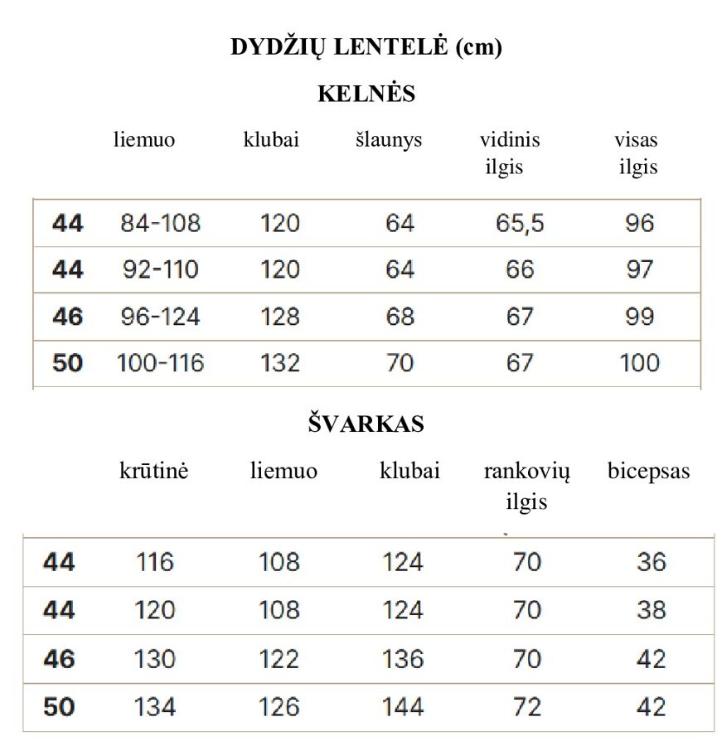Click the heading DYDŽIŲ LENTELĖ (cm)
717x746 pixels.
tap(366, 48)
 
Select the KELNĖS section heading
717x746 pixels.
tap(366, 94)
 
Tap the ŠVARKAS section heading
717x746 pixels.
tap(366, 424)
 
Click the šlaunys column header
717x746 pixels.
tap(389, 140)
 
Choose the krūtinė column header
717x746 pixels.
tap(153, 472)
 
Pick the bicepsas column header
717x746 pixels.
tap(648, 472)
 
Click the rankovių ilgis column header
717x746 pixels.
tap(526, 487)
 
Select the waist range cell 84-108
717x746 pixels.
tap(160, 223)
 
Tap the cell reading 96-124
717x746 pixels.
tap(160, 317)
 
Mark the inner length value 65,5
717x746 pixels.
tap(520, 223)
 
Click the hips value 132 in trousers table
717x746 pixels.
tap(280, 363)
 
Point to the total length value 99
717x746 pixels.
tap(639, 317)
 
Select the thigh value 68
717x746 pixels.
tap(400, 317)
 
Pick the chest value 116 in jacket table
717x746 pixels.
tap(155, 563)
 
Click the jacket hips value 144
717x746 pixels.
tap(403, 707)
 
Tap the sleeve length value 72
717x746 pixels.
tap(526, 707)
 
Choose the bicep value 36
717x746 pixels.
tap(651, 563)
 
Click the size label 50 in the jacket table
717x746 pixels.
tap(59, 707)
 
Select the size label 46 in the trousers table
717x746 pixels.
tap(67, 317)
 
